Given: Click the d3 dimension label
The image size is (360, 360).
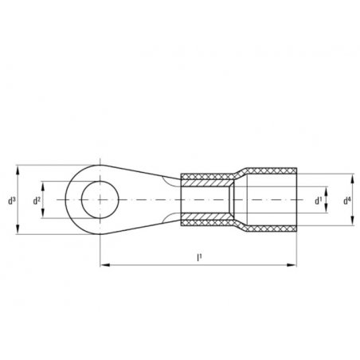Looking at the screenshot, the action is tap(12, 201).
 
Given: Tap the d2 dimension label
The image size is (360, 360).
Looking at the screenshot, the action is tap(37, 201).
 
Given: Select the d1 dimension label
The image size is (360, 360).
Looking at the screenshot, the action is tap(319, 201).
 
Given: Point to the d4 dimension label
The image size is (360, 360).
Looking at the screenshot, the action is tap(347, 201).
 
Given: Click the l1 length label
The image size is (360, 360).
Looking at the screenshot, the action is tap(199, 257).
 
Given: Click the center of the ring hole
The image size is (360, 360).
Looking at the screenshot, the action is tap(100, 200).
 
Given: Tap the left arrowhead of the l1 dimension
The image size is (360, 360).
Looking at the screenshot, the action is tap(105, 265).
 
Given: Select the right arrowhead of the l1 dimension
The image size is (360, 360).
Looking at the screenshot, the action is tap(292, 265).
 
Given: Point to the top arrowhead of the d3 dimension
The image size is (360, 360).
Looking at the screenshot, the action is tap(18, 170).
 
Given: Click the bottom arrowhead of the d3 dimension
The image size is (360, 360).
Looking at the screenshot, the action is tap(18, 229).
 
